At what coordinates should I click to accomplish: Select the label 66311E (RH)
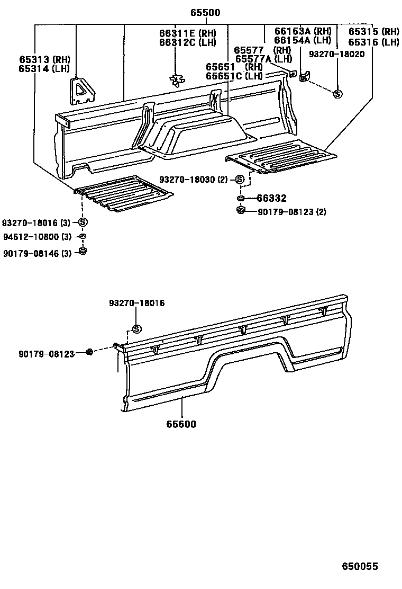pos(187,33)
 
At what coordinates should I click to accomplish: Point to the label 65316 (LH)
pos(373,42)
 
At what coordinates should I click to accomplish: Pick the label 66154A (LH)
pos(303,40)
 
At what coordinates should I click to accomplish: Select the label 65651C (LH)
pos(234,76)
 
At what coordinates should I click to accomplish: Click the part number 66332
pos(271,199)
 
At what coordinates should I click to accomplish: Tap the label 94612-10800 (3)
pos(36,236)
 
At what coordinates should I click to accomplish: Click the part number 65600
pos(181,424)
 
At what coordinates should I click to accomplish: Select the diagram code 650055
pos(359,566)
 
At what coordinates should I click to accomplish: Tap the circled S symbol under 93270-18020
pos(337,94)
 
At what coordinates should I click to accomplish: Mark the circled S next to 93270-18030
pos(240,180)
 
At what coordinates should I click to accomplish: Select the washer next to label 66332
pos(240,199)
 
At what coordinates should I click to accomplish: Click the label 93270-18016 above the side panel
pos(136,303)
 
